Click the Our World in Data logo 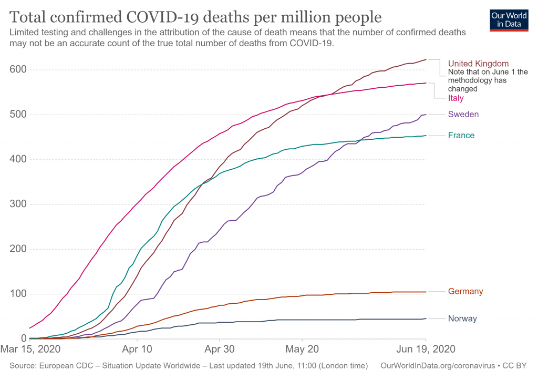click(x=509, y=19)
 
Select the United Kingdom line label click(x=478, y=64)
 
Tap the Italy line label click(x=456, y=98)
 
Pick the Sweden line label click(x=463, y=114)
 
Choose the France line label click(x=461, y=136)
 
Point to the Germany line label click(x=465, y=292)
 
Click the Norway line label click(x=462, y=319)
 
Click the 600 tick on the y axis click(x=18, y=70)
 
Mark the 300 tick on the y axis click(x=18, y=204)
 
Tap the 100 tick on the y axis click(x=18, y=294)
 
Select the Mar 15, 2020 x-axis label click(x=30, y=348)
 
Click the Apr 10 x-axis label click(x=137, y=348)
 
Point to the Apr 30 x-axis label click(x=220, y=348)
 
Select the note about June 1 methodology click(x=488, y=80)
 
